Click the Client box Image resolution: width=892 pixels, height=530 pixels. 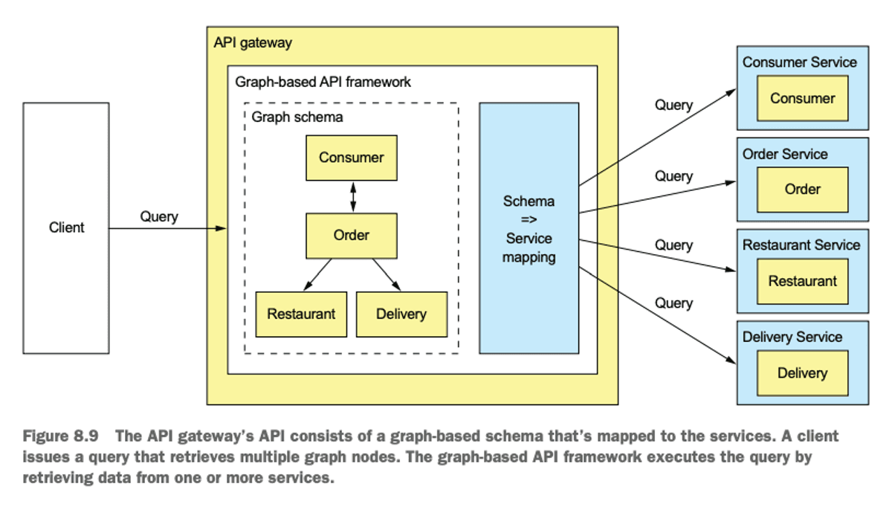click(x=66, y=227)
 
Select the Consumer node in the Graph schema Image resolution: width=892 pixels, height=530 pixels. click(x=351, y=158)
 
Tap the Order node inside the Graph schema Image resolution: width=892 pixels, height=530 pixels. click(x=351, y=236)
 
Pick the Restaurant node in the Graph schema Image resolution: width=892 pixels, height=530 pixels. click(x=301, y=314)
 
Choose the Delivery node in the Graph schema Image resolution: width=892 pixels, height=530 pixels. click(x=401, y=314)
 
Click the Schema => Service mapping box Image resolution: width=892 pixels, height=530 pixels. click(x=529, y=228)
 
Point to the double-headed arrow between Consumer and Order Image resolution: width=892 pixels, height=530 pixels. click(x=352, y=197)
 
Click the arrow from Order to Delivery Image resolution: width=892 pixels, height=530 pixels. click(x=387, y=274)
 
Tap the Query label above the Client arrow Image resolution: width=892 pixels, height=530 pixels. click(x=159, y=216)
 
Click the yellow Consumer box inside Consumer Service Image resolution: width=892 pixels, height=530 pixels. click(x=802, y=98)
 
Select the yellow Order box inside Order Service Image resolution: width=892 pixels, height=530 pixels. click(x=802, y=189)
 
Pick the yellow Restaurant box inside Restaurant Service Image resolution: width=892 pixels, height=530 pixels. click(x=802, y=281)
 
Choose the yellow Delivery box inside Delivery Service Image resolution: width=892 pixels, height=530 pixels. click(x=802, y=373)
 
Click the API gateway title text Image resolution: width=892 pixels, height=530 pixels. click(x=253, y=42)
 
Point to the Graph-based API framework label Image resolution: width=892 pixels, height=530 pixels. click(x=323, y=82)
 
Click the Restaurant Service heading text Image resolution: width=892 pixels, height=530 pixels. click(x=801, y=245)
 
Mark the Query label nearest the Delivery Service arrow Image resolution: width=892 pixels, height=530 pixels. click(x=673, y=303)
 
